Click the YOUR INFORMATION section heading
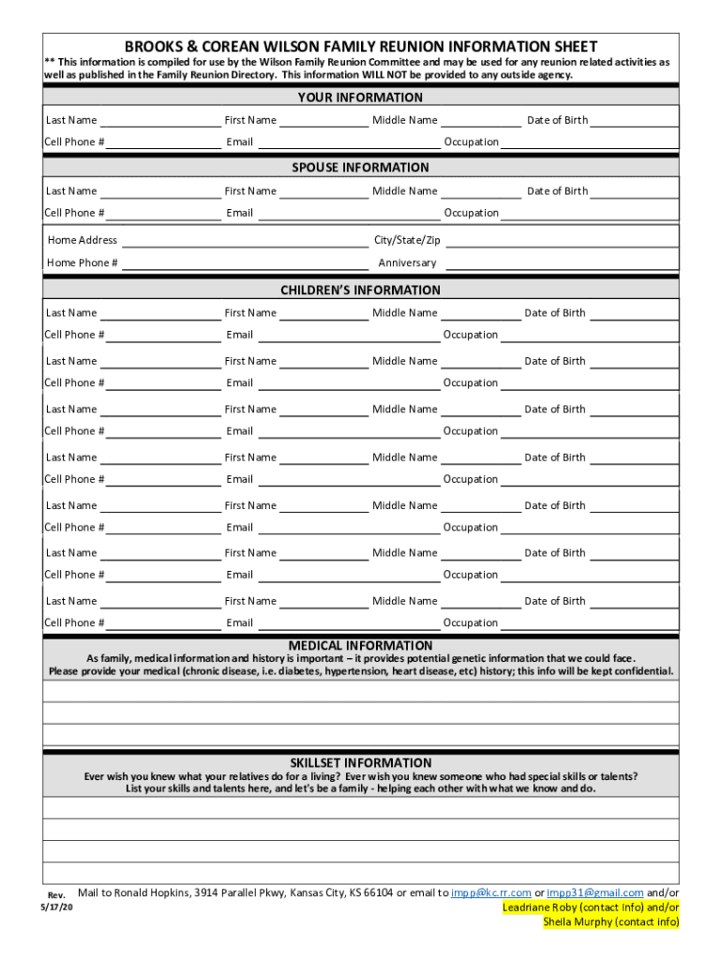point(360,97)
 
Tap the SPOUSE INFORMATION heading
point(360,167)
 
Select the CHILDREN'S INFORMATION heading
point(360,290)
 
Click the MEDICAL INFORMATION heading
point(360,645)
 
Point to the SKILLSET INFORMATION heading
point(360,762)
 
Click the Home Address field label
point(83,240)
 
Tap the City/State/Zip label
point(407,240)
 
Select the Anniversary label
point(407,262)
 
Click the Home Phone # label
point(83,262)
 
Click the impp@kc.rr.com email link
point(490,892)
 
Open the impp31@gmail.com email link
point(594,892)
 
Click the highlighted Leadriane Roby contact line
point(591,907)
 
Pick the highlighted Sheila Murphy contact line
point(611,922)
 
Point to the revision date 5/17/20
point(55,908)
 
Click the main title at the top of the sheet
point(361,46)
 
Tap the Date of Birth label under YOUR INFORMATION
point(557,120)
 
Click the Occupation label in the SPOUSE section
point(471,213)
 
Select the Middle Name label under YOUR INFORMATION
point(404,120)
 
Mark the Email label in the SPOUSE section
point(239,213)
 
